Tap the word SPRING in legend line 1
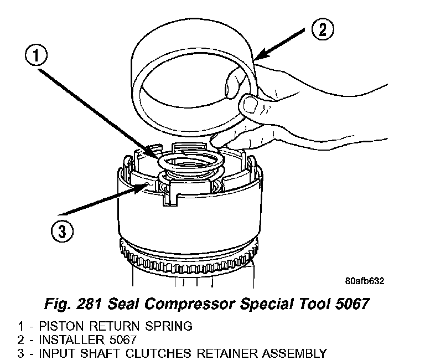pos(170,326)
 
